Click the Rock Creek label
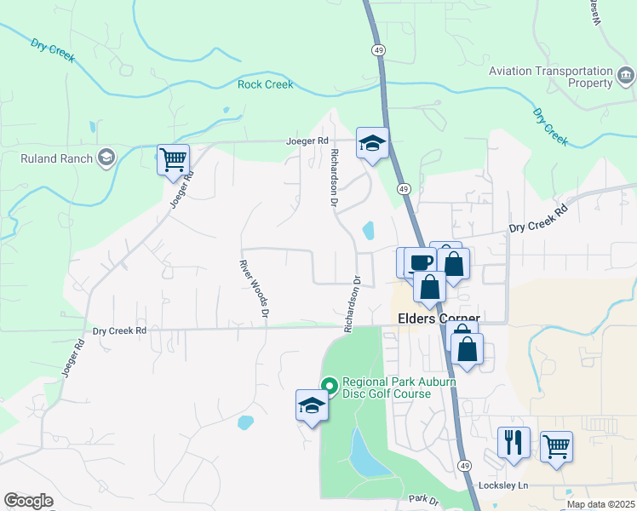pyautogui.click(x=265, y=84)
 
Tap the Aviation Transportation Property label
pyautogui.click(x=550, y=77)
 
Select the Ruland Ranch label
pyautogui.click(x=57, y=158)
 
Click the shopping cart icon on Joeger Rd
pyautogui.click(x=173, y=158)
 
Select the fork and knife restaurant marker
pyautogui.click(x=514, y=442)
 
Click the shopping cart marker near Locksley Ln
pyautogui.click(x=556, y=445)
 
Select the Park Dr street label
pyautogui.click(x=422, y=498)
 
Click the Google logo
pyautogui.click(x=28, y=501)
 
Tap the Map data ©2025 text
pyautogui.click(x=600, y=504)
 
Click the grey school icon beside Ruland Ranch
pyautogui.click(x=106, y=158)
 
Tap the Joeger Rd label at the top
pyautogui.click(x=306, y=141)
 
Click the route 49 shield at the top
pyautogui.click(x=377, y=50)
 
